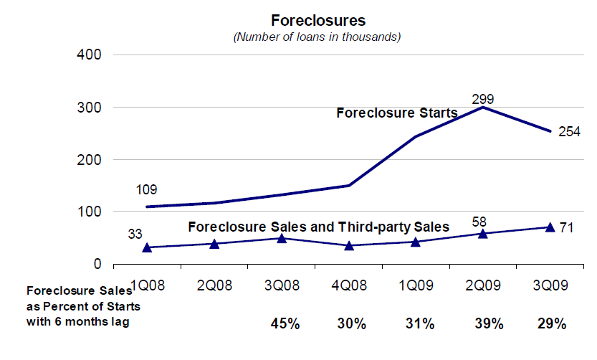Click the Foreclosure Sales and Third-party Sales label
click(x=318, y=227)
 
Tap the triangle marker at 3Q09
click(x=550, y=227)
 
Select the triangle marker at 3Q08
click(x=282, y=237)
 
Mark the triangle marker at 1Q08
click(x=148, y=247)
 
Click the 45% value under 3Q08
click(x=284, y=323)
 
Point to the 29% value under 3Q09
click(x=551, y=323)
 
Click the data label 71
click(x=566, y=228)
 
